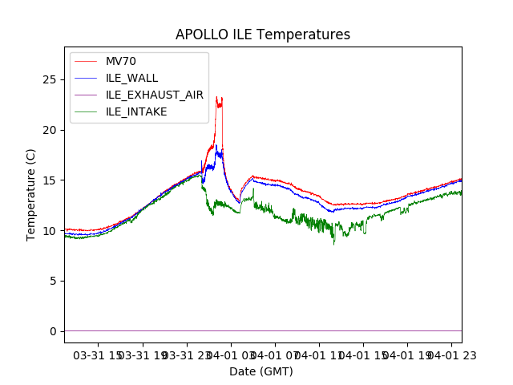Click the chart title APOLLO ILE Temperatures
(263, 35)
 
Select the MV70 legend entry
(121, 62)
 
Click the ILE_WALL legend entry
(131, 78)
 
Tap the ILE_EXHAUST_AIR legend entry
(154, 95)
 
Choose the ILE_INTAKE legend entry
(136, 111)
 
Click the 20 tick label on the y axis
(51, 130)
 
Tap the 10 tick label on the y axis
(51, 231)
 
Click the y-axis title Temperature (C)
(31, 195)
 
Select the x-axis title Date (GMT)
(261, 371)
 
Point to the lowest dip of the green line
(334, 243)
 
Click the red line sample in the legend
(85, 62)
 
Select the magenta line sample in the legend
(85, 95)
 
